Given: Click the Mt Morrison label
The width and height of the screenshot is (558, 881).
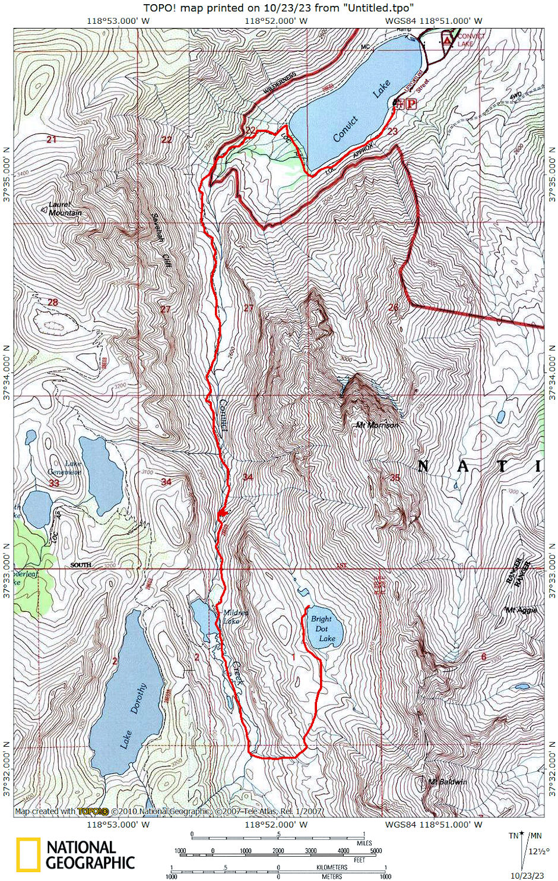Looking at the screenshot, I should pyautogui.click(x=377, y=425).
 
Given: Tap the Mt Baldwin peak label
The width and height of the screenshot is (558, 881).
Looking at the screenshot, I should pyautogui.click(x=447, y=781).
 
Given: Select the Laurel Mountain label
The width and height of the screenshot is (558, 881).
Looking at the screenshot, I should pyautogui.click(x=65, y=209).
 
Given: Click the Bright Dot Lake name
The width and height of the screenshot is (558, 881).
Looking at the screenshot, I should pyautogui.click(x=324, y=629).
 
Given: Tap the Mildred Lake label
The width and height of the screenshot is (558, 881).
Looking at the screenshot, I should pyautogui.click(x=235, y=617).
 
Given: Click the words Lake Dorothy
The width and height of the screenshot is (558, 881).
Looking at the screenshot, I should pyautogui.click(x=134, y=716).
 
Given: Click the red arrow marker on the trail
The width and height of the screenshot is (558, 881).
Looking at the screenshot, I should pyautogui.click(x=222, y=513).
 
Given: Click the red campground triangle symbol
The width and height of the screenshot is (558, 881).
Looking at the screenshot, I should pyautogui.click(x=446, y=40).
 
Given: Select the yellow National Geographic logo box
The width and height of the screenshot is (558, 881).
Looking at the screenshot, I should pyautogui.click(x=28, y=854).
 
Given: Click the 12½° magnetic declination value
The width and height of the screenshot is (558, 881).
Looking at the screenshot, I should pyautogui.click(x=538, y=851).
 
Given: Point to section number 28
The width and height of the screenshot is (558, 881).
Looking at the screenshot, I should pyautogui.click(x=53, y=302).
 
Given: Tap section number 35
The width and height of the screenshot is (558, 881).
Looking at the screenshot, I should pyautogui.click(x=395, y=478).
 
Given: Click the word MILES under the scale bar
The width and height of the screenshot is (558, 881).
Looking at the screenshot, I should pyautogui.click(x=364, y=843).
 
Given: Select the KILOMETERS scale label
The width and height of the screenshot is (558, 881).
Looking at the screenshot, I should pyautogui.click(x=332, y=867).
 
